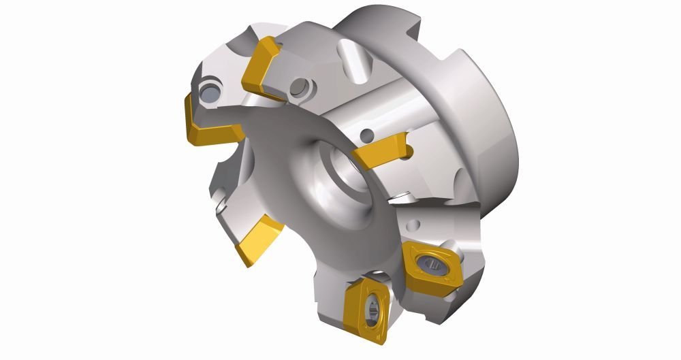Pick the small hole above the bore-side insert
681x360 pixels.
[x=368, y=135]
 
